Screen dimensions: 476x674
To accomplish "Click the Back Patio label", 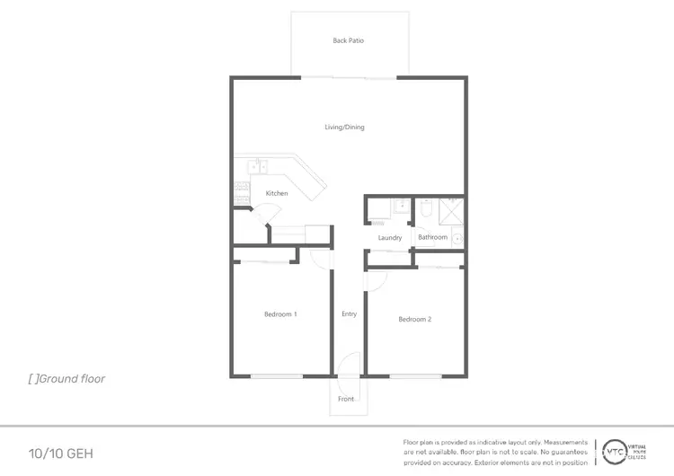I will (348, 40).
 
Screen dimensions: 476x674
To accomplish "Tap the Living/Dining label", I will (344, 128).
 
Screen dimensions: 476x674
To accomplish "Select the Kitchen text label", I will (276, 194).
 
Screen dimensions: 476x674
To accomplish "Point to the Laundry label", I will (389, 238).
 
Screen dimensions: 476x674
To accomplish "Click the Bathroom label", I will (432, 237).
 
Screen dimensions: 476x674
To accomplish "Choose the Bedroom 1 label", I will (280, 314).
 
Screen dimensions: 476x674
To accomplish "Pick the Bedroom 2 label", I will (415, 319).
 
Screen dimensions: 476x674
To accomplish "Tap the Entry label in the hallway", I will (349, 314).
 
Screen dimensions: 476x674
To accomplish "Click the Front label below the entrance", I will (347, 399).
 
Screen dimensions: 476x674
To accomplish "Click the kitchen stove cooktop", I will (240, 190).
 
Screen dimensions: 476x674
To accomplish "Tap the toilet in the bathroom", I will (427, 210).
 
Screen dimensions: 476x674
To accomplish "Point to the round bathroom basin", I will (457, 239).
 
